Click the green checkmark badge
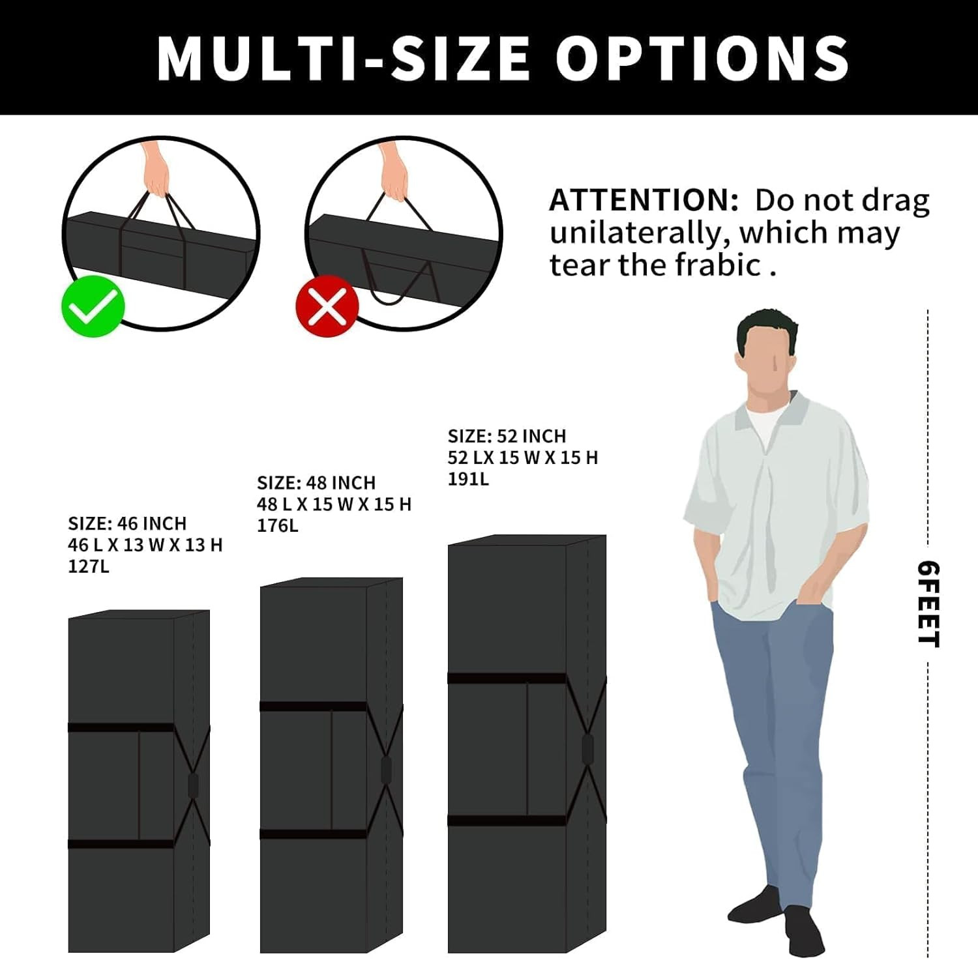93,306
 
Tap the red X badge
327,306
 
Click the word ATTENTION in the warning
644,200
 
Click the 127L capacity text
89,566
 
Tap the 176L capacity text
278,525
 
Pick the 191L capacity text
468,479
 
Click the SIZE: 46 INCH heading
127,523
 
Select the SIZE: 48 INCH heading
316,483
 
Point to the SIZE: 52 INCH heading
507,436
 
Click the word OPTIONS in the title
703,57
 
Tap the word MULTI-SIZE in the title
343,57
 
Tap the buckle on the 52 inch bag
587,748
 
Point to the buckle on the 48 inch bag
386,770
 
